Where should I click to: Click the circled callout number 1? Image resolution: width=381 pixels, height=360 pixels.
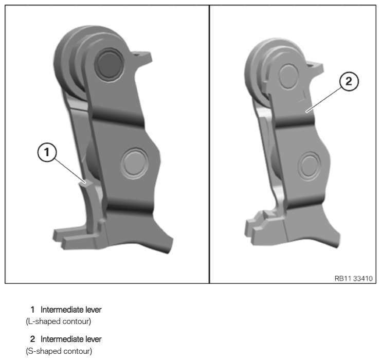click(47, 152)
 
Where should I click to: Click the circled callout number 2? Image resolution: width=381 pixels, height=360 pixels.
click(349, 81)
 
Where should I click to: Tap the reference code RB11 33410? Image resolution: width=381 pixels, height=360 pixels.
click(353, 278)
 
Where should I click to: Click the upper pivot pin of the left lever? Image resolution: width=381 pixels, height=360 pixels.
click(110, 63)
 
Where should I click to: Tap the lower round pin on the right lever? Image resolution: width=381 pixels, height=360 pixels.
click(309, 166)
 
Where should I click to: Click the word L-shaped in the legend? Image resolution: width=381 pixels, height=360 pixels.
click(44, 321)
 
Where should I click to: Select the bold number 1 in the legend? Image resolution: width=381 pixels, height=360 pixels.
click(32, 310)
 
